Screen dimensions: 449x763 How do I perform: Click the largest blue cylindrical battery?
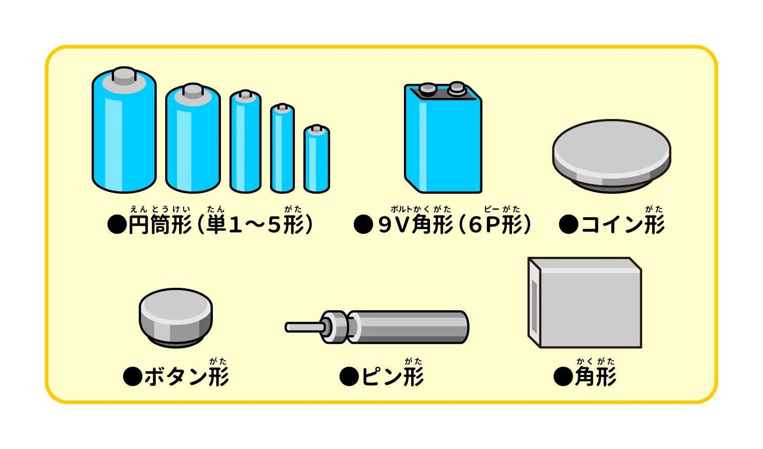[x=124, y=135]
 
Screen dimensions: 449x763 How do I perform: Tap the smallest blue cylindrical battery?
[x=317, y=162]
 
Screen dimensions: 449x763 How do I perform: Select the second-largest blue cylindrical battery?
[x=193, y=141]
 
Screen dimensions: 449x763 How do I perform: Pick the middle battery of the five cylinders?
[x=246, y=144]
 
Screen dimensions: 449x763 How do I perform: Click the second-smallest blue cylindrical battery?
[x=282, y=150]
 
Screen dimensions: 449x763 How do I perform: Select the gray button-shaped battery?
[x=175, y=317]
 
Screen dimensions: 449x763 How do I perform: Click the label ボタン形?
[x=186, y=376]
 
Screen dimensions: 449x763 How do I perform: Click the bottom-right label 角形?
[x=596, y=376]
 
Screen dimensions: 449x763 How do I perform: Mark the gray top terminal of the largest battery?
[x=124, y=75]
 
